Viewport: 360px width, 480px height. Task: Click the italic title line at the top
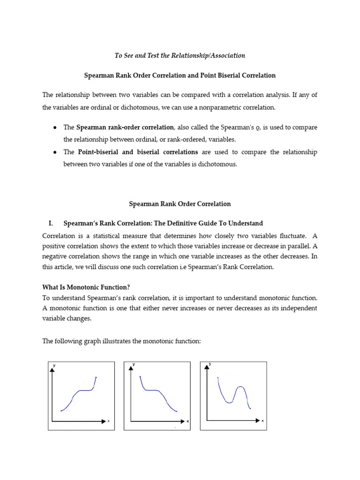[x=180, y=55]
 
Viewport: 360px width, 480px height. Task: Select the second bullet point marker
[x=55, y=152]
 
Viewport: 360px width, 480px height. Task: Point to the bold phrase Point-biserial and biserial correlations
[x=138, y=152]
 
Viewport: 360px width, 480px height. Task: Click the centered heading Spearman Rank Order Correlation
[x=180, y=204]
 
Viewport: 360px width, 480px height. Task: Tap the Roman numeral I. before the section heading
[x=52, y=223]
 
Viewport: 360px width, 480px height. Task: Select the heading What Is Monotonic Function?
[x=85, y=287]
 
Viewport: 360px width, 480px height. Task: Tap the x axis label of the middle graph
[x=187, y=421]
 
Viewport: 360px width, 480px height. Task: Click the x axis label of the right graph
[x=262, y=421]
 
